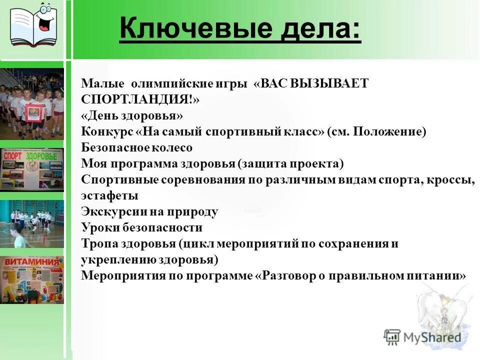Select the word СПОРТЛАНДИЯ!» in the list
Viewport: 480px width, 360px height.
coord(140,99)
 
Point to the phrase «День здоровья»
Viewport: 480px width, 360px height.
coord(132,115)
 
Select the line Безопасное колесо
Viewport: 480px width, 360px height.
coord(136,147)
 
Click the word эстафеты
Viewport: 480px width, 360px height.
coord(109,195)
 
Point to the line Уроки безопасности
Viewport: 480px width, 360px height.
coord(141,227)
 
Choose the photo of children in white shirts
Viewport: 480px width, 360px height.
coord(32,104)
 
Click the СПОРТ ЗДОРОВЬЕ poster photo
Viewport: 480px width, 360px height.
coord(32,170)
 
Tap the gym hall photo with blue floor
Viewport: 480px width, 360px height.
coord(32,224)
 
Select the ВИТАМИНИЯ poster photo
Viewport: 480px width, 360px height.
coord(32,280)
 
